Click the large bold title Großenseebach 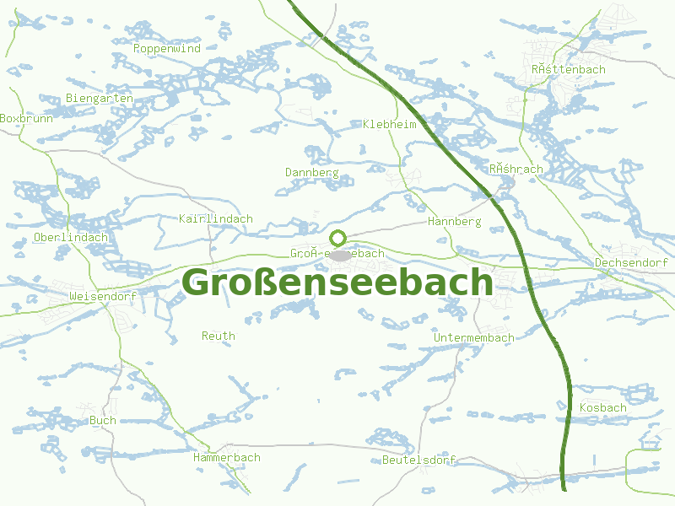click(x=337, y=283)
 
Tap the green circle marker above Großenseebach click(x=338, y=238)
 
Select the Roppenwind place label click(x=167, y=49)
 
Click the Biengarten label click(x=100, y=99)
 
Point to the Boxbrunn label click(x=26, y=119)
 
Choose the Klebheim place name click(x=389, y=124)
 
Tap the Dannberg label click(x=311, y=172)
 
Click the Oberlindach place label click(x=71, y=238)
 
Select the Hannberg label click(x=454, y=222)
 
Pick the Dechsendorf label click(x=631, y=263)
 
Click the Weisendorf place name click(x=103, y=297)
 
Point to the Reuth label click(x=219, y=336)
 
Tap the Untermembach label click(x=473, y=338)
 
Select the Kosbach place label click(x=603, y=408)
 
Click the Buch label click(x=103, y=420)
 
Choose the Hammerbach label click(x=226, y=458)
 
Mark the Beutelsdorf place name click(x=418, y=460)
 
